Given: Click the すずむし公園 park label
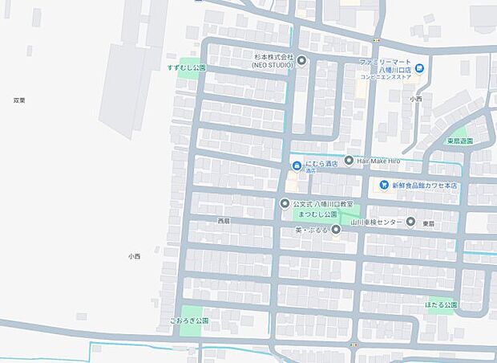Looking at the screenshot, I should [187, 67].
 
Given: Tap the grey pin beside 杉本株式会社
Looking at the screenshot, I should [301, 59].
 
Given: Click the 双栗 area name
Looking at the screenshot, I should [19, 100].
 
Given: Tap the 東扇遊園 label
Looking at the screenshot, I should [460, 141].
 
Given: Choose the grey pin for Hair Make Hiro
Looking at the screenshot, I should [349, 161].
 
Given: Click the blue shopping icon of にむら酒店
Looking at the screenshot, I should [296, 165].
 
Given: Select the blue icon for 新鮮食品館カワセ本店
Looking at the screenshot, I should [385, 185].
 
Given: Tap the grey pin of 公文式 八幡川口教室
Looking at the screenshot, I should [285, 203].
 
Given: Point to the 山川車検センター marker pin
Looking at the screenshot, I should [410, 221].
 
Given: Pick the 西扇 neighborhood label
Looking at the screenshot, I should [224, 221].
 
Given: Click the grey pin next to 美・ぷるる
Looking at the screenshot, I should [336, 230].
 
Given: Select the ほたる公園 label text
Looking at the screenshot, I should [442, 305].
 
